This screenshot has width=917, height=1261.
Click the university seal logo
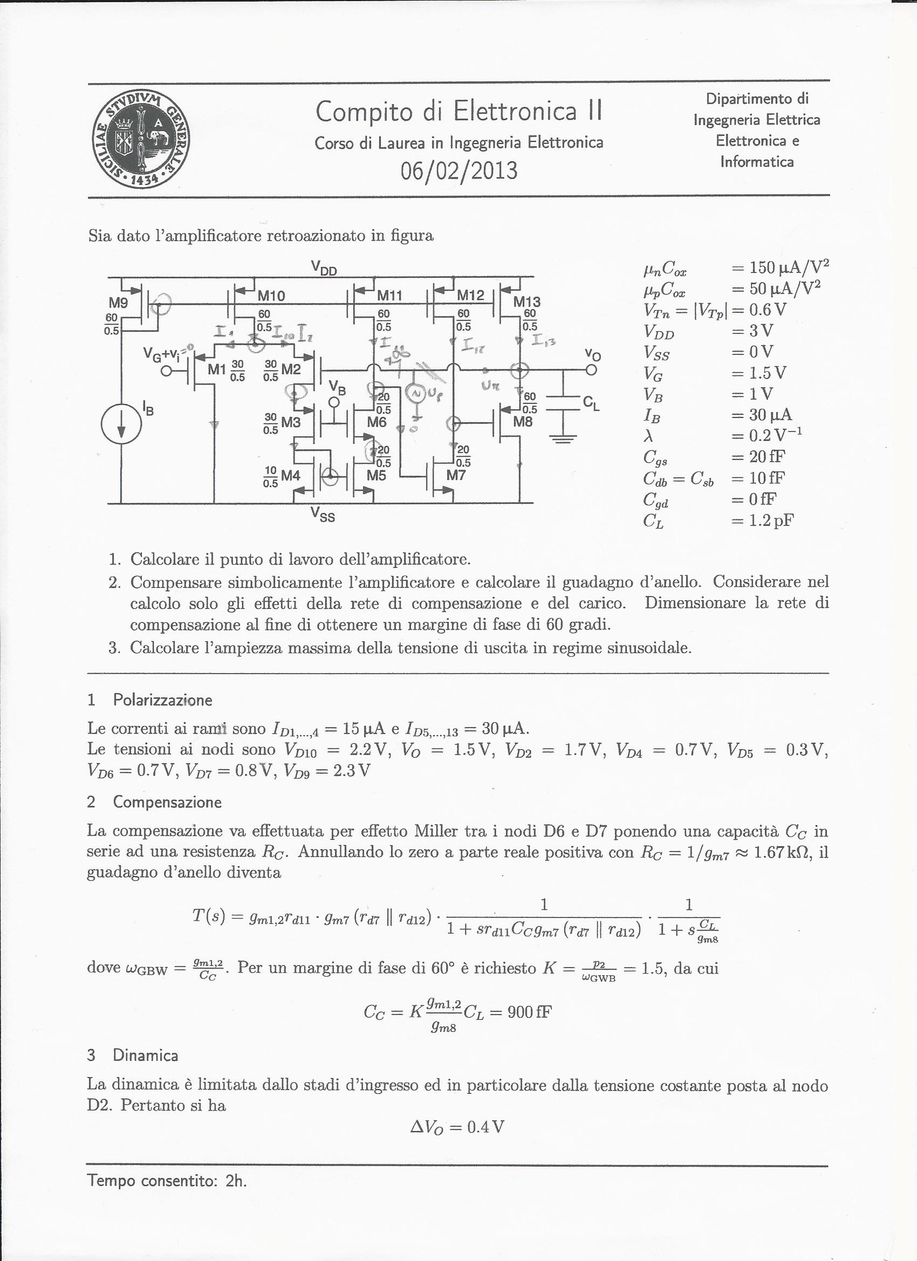(141, 140)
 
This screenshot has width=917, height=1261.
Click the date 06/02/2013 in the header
(459, 170)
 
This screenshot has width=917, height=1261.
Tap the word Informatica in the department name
(756, 162)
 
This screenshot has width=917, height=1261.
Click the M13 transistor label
(526, 302)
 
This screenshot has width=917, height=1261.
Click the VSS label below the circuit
(323, 516)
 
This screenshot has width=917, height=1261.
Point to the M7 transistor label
(455, 475)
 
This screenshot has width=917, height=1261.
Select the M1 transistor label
(217, 369)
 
